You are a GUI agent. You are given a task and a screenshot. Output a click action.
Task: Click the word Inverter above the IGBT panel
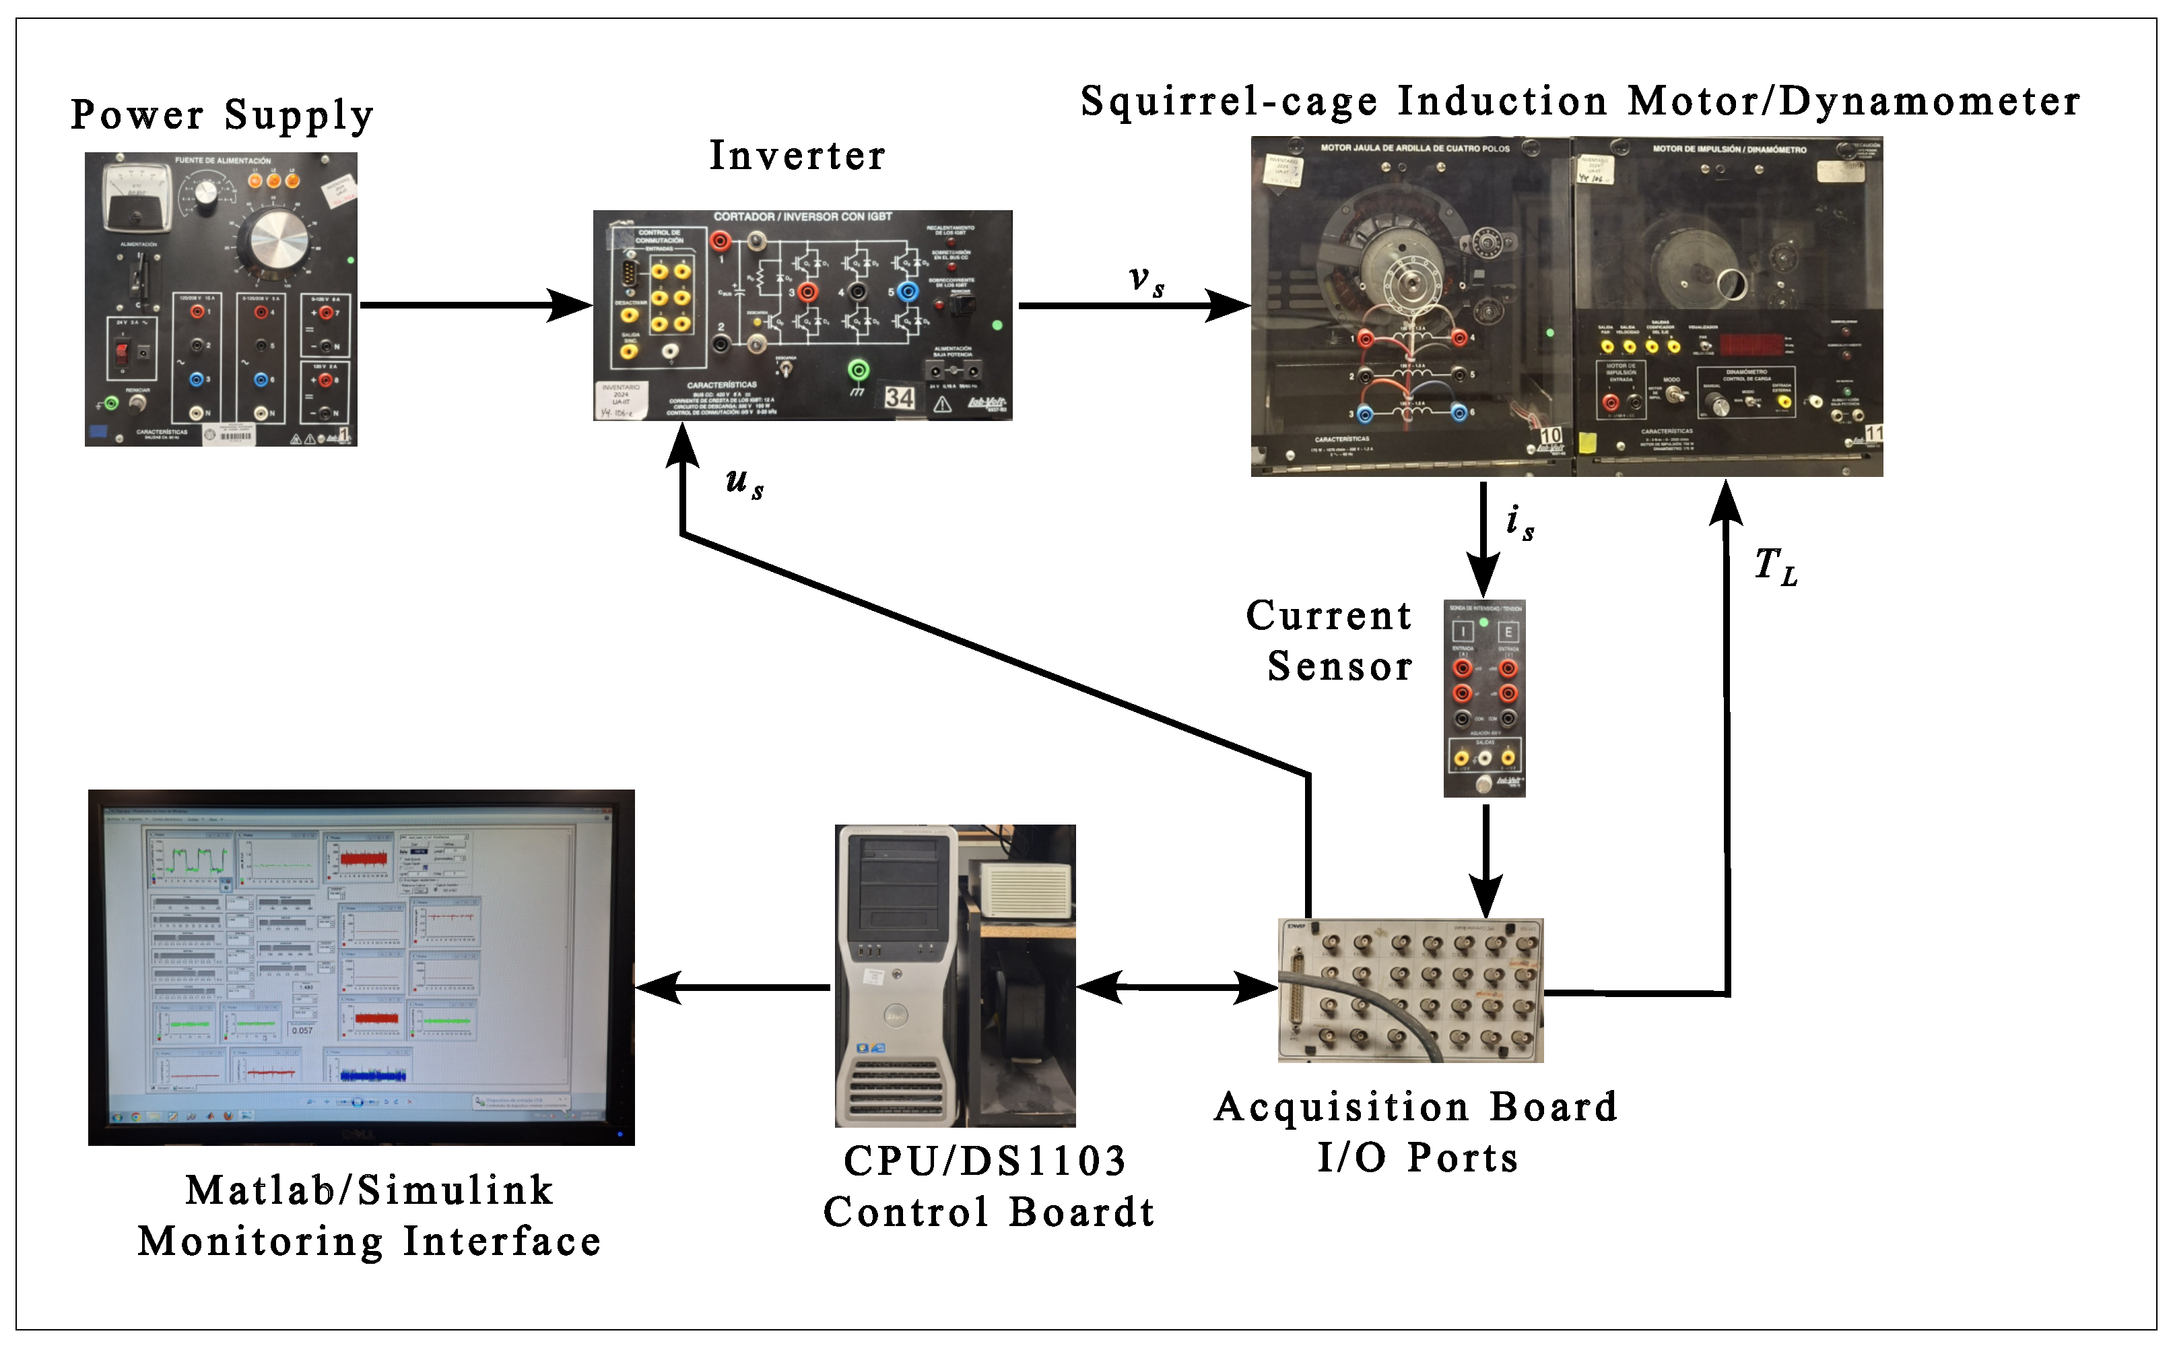(x=797, y=156)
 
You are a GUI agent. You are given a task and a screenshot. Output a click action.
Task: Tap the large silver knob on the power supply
(x=279, y=239)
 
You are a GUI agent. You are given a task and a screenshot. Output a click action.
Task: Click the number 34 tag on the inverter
(x=899, y=397)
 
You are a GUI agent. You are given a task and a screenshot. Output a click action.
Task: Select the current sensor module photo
(x=1484, y=698)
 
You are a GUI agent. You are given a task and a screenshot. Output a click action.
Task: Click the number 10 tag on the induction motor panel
(x=1551, y=435)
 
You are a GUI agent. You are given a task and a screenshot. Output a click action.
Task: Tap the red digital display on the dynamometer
(x=1751, y=344)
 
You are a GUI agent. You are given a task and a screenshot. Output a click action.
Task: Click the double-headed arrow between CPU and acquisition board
(x=1177, y=988)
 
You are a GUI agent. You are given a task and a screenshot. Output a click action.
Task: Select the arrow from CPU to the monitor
(x=733, y=988)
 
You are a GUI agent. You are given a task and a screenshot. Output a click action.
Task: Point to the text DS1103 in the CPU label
(x=1042, y=1161)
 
